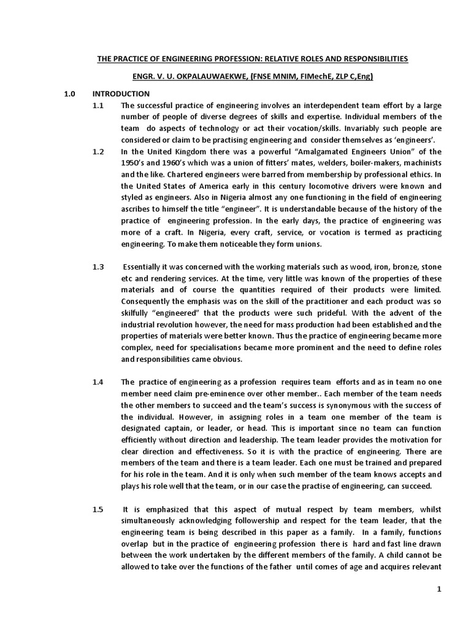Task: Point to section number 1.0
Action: pyautogui.click(x=70, y=94)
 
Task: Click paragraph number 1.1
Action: pyautogui.click(x=98, y=106)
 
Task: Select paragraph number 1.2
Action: pyautogui.click(x=98, y=151)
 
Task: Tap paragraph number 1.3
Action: pyautogui.click(x=98, y=267)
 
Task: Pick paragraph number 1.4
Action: pyautogui.click(x=98, y=382)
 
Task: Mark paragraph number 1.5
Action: pyautogui.click(x=98, y=509)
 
